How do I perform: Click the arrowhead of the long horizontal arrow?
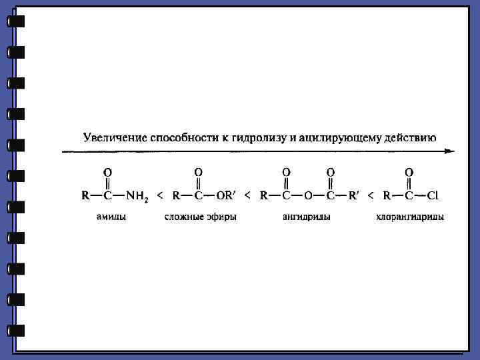(451, 151)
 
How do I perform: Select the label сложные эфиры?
(201, 217)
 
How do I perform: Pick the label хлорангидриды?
(410, 217)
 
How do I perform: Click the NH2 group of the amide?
(139, 196)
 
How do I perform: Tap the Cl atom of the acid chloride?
(433, 196)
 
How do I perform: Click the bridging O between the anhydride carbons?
(308, 196)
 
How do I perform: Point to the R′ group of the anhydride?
(353, 196)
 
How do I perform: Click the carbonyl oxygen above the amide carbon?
(107, 172)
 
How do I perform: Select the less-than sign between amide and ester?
(159, 196)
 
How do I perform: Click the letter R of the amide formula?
(85, 196)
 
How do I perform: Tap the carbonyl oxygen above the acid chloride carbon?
(409, 172)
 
